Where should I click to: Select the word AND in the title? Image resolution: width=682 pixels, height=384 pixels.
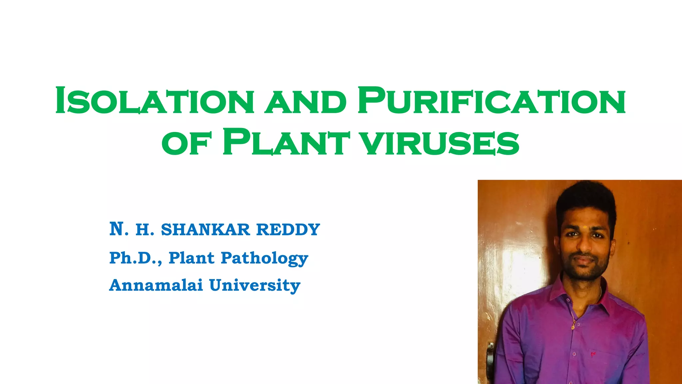[x=306, y=102]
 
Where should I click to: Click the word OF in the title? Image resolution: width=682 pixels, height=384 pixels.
[x=186, y=144]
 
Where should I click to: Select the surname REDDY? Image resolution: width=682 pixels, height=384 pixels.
[x=288, y=230]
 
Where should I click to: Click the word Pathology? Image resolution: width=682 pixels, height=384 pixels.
[x=264, y=258]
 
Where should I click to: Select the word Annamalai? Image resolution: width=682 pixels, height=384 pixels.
[x=156, y=285]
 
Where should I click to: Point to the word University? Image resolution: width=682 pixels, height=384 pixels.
[x=255, y=286]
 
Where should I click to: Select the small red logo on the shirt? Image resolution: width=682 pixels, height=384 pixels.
[x=593, y=354]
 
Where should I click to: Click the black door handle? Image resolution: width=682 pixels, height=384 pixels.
[x=491, y=358]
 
